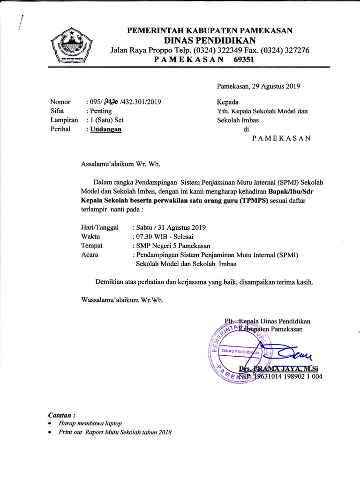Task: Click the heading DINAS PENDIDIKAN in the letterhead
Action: (210, 40)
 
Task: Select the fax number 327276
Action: (294, 50)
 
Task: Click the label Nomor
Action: (60, 102)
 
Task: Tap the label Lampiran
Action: (64, 120)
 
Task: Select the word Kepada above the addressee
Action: (227, 102)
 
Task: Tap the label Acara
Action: (91, 255)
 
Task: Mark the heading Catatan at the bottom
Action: (61, 415)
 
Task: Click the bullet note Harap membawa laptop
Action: (90, 423)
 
